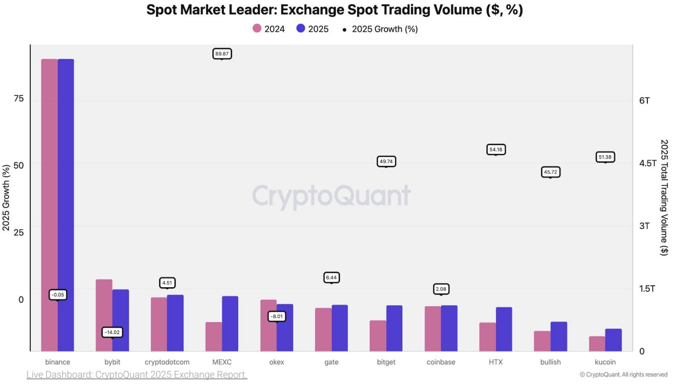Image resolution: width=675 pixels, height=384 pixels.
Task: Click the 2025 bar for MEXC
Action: tap(230, 324)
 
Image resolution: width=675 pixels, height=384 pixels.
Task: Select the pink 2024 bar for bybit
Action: tap(104, 315)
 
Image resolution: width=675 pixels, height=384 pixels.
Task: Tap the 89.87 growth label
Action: tap(222, 53)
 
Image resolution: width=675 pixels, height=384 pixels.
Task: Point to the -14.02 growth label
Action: tap(112, 332)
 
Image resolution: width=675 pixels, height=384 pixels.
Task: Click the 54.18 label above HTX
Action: tap(496, 149)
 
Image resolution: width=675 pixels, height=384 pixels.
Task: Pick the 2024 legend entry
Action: tap(268, 29)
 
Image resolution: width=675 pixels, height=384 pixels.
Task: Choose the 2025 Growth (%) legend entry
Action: tap(379, 29)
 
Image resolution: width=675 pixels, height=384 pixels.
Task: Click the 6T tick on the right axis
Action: tap(644, 100)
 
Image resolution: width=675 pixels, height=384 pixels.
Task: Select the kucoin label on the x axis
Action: tap(605, 362)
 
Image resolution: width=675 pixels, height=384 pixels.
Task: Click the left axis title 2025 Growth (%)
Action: tap(7, 198)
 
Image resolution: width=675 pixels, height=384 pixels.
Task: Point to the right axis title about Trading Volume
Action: tap(664, 198)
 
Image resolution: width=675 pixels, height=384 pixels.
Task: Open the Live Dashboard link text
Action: tap(137, 375)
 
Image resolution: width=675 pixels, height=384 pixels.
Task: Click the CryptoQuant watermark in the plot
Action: tap(331, 196)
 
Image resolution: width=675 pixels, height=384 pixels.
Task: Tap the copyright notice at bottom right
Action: tap(624, 375)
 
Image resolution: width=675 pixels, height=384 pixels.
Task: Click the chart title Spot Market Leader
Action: tap(334, 10)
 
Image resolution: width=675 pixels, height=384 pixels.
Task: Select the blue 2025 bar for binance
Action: tap(65, 205)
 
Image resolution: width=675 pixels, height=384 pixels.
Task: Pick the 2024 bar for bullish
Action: tap(542, 341)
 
